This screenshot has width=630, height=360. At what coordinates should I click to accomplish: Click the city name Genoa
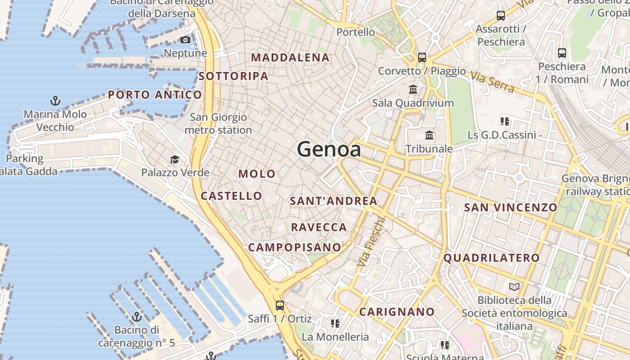(328, 149)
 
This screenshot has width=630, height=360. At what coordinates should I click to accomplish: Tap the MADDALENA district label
(290, 58)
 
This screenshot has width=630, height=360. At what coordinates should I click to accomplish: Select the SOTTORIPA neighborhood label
(234, 76)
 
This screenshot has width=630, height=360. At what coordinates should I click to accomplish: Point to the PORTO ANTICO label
(155, 95)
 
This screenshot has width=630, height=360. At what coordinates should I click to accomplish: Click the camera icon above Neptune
(185, 40)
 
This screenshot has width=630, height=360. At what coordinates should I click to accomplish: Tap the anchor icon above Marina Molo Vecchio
(55, 100)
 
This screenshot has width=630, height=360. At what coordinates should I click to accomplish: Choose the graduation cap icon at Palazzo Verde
(175, 159)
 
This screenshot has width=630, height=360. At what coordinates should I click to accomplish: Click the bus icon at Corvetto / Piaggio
(422, 57)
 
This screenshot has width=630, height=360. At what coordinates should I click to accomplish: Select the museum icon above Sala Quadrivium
(413, 89)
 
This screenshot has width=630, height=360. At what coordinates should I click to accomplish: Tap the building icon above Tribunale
(429, 135)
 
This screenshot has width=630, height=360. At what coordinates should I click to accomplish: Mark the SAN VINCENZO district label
(510, 207)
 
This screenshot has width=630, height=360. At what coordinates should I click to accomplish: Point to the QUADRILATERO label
(491, 258)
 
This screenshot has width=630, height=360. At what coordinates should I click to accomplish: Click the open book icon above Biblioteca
(514, 287)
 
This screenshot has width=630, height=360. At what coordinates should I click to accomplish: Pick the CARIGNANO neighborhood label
(397, 312)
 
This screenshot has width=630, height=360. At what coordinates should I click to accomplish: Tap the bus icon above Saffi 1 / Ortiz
(279, 306)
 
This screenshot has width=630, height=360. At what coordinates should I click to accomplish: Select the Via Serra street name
(493, 82)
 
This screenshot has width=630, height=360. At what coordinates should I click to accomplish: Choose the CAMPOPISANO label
(295, 247)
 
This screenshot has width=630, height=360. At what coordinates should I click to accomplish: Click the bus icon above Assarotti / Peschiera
(500, 16)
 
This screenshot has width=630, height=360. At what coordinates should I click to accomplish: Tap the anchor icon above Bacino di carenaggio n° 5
(136, 317)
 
